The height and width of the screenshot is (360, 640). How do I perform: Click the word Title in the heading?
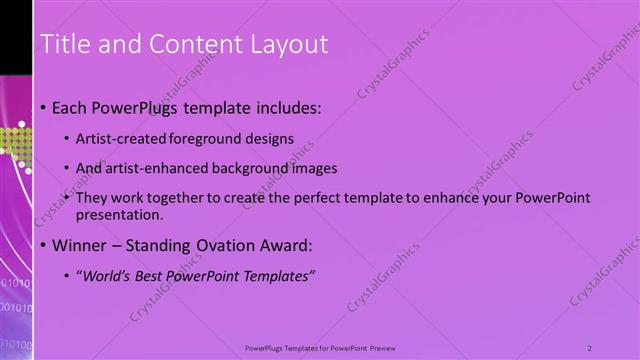click(x=62, y=44)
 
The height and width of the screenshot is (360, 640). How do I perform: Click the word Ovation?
click(x=214, y=245)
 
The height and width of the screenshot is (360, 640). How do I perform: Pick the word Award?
click(x=284, y=245)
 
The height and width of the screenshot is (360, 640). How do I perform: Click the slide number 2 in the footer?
click(x=590, y=348)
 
